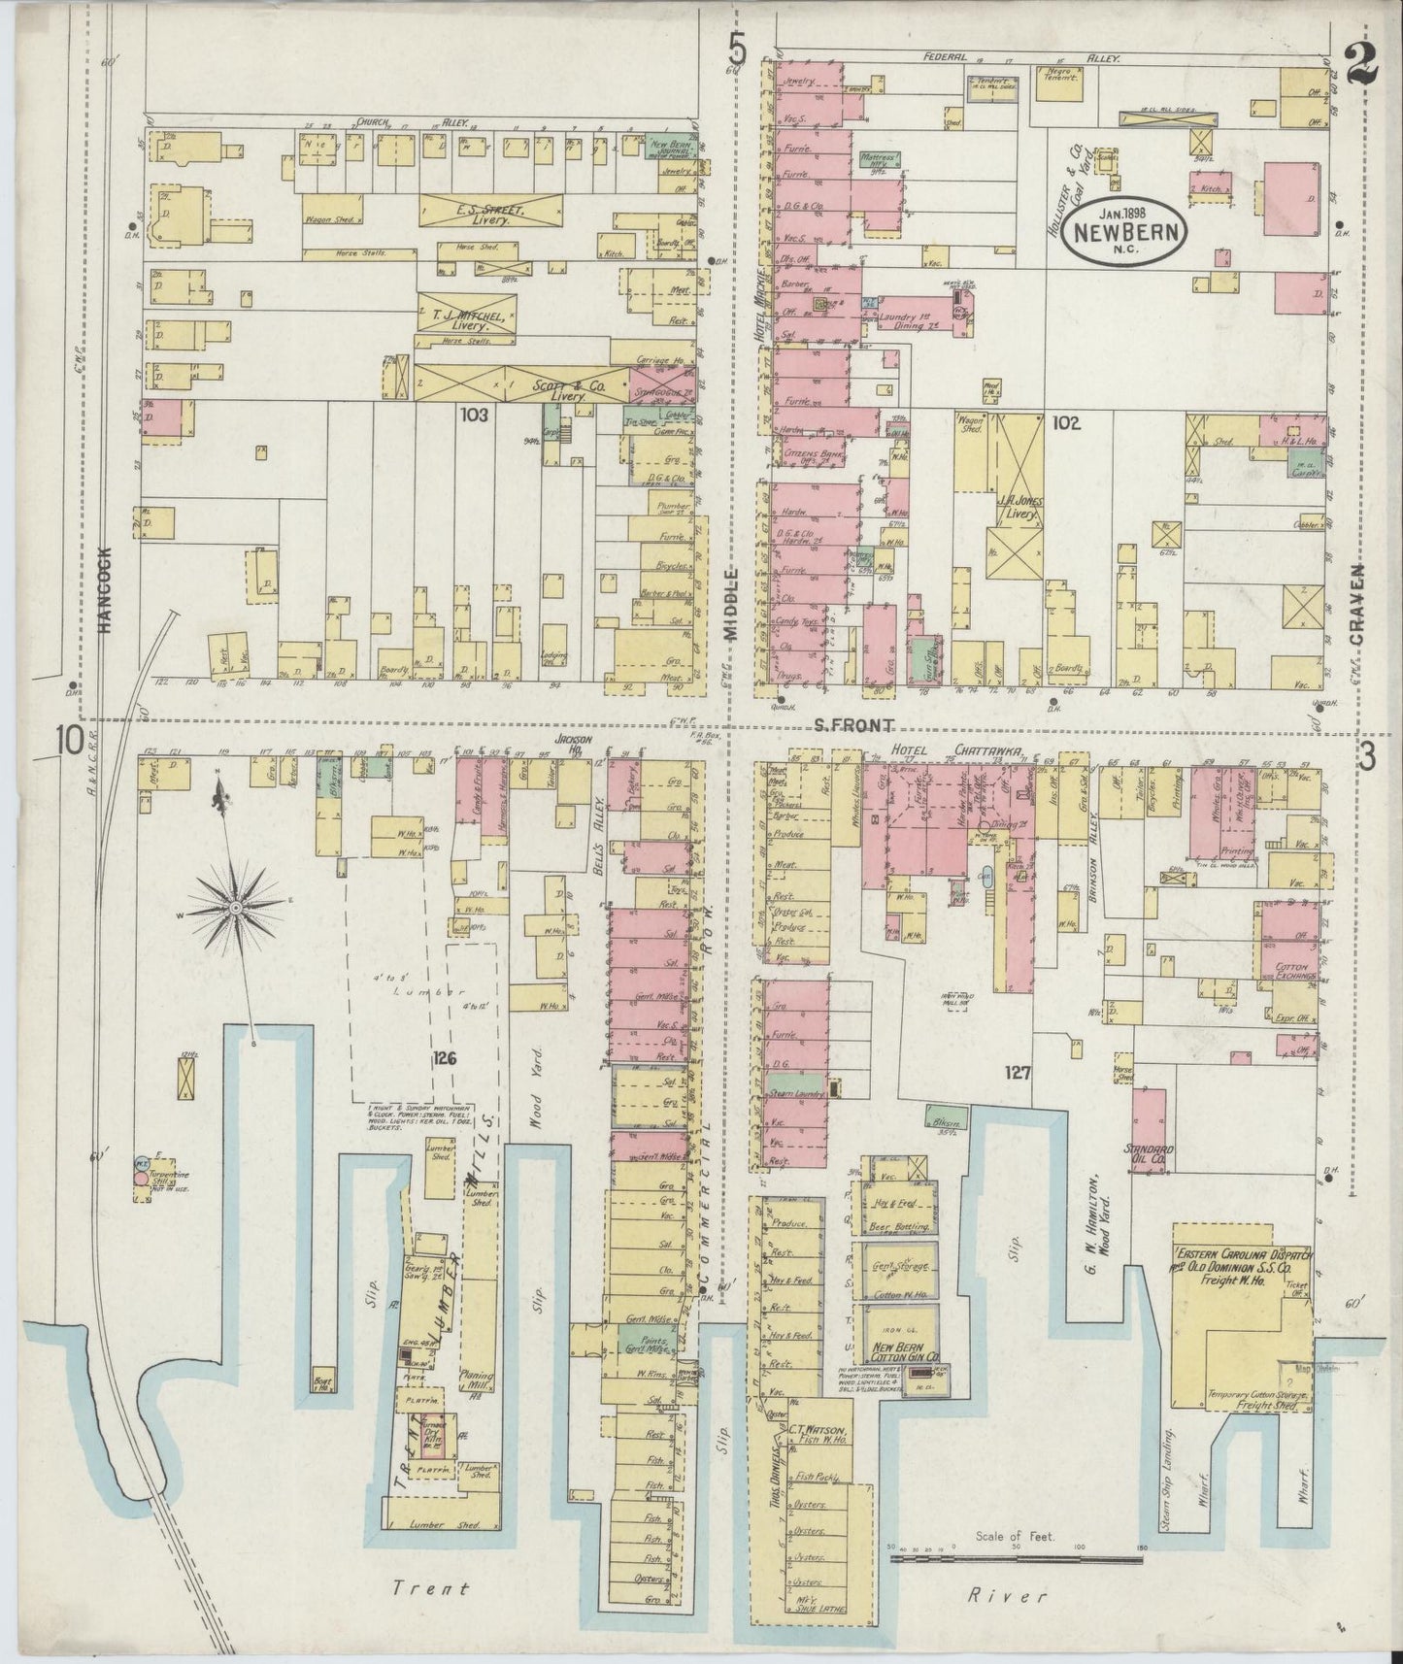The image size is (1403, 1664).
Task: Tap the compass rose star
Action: [x=235, y=908]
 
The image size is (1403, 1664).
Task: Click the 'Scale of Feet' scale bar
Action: [x=1017, y=1560]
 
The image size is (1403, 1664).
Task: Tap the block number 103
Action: [x=474, y=415]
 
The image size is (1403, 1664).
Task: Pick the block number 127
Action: [x=1018, y=1073]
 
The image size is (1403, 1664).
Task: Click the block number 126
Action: [x=444, y=1059]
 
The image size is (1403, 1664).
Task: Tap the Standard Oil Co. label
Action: [x=1150, y=1156]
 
